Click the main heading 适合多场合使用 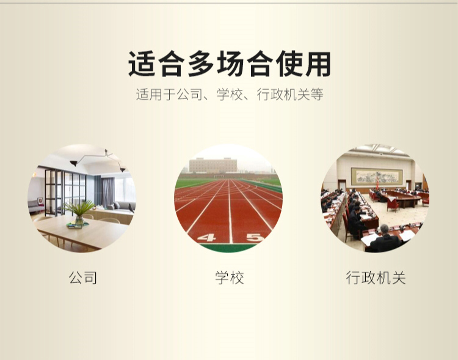click(229, 64)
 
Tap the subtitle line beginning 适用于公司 click(230, 95)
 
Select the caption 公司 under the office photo click(83, 277)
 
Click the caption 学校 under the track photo click(230, 277)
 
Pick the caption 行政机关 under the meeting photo click(376, 277)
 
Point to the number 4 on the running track click(207, 238)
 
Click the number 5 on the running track click(255, 238)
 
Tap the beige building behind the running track click(213, 165)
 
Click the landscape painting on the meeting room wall click(377, 177)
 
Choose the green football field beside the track click(194, 183)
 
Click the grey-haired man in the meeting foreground click(384, 238)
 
